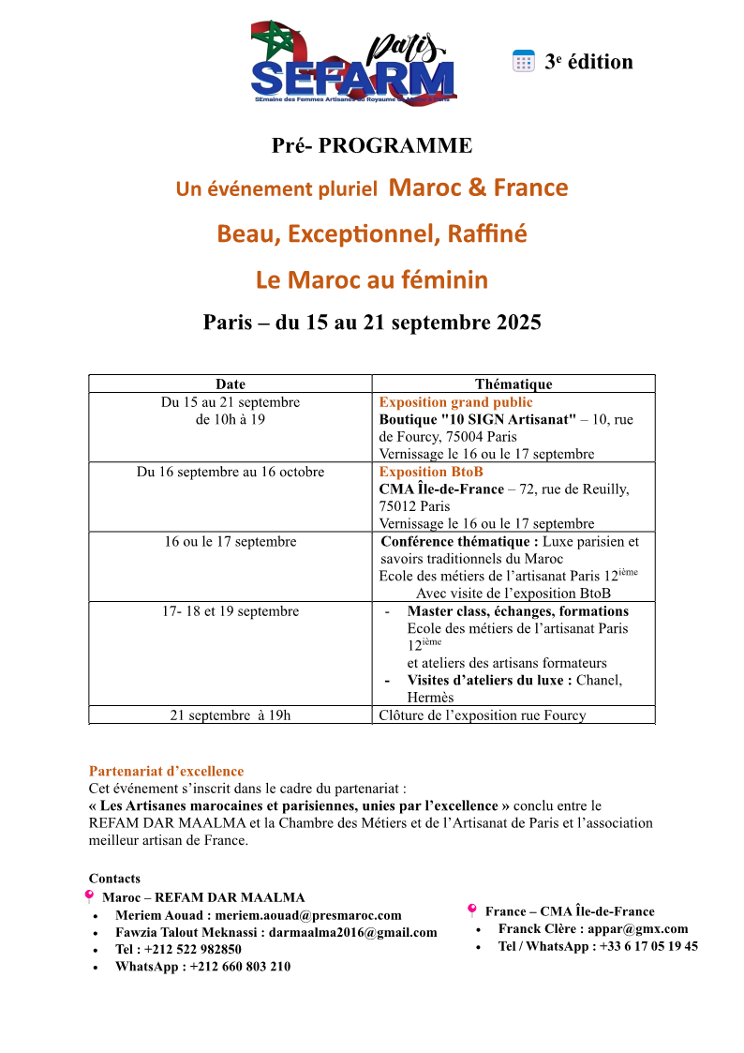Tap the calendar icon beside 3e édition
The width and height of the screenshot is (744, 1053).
[x=523, y=62]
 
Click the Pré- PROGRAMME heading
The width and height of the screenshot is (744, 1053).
[x=372, y=145]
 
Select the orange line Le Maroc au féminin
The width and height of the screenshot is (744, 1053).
[x=372, y=279]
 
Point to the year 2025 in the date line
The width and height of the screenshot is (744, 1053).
[x=517, y=323]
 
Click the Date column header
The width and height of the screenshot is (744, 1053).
[x=231, y=384]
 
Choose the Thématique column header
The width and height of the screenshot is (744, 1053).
[x=513, y=384]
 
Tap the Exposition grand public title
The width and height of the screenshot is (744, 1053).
[x=455, y=402]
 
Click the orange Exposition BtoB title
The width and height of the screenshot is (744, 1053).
[x=431, y=472]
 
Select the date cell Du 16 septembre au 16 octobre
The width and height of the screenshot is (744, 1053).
[x=231, y=472]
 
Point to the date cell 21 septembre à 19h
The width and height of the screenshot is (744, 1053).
[x=231, y=715]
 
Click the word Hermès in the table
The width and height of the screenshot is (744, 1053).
[x=430, y=698]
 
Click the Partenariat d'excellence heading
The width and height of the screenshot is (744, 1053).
[x=166, y=771]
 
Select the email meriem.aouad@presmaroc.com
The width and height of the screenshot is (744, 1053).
[x=308, y=915]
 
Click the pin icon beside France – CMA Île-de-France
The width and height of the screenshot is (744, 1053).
[x=471, y=910]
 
